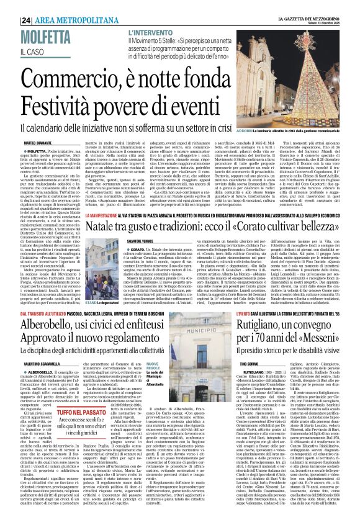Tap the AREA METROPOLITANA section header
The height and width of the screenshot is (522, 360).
pyautogui.click(x=68, y=6)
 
